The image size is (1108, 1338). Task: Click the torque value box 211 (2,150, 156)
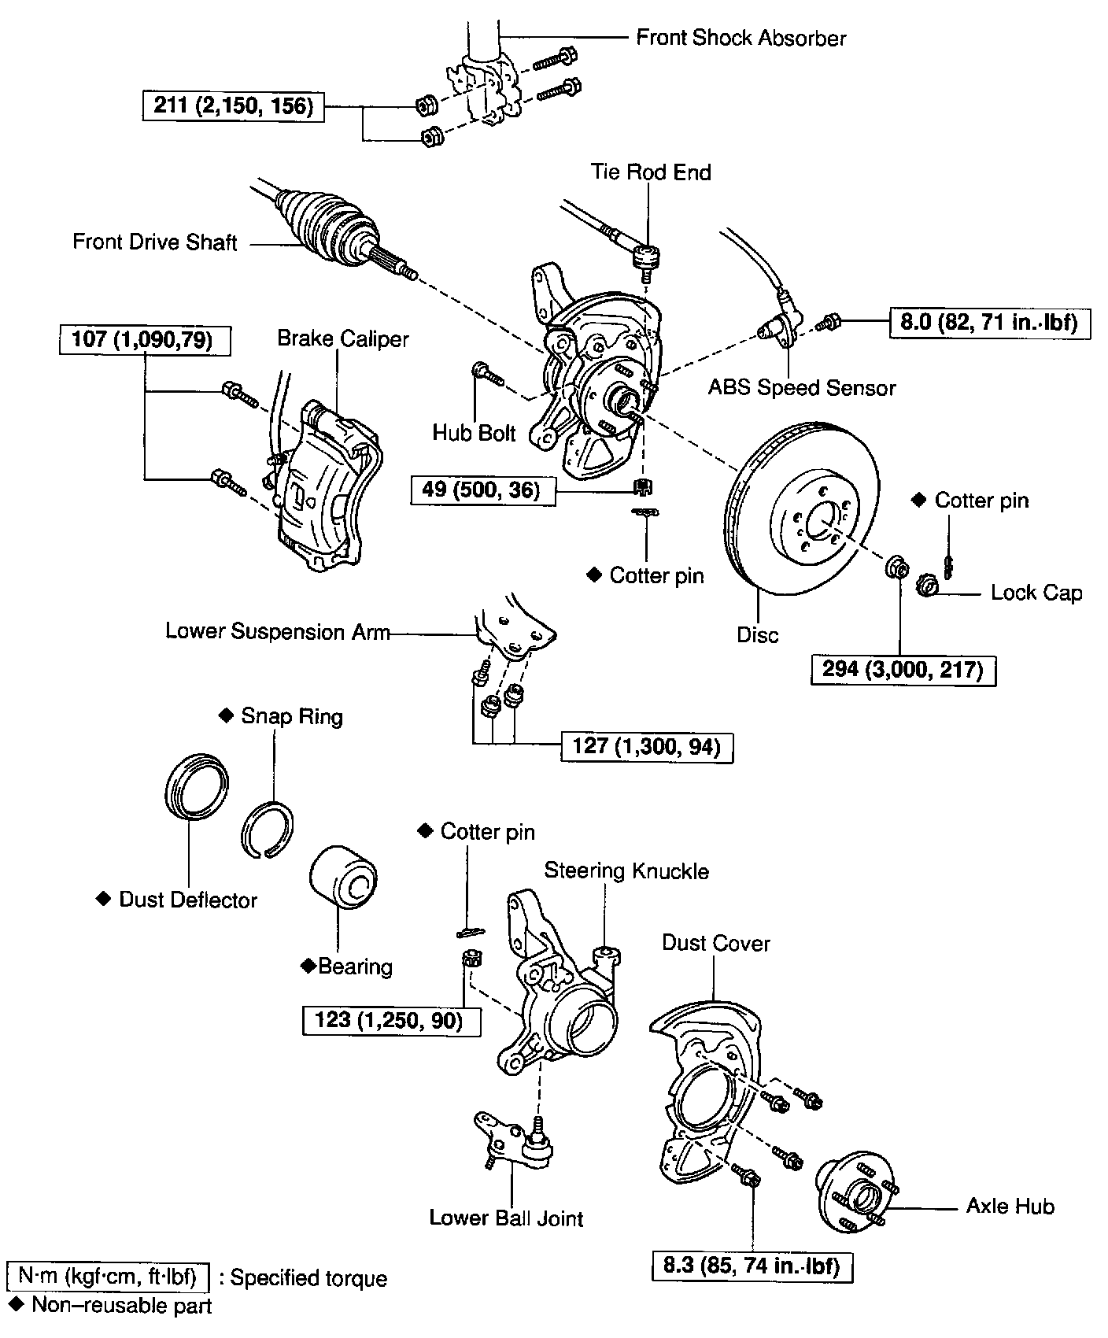(234, 105)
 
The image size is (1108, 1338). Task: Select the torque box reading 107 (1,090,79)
(146, 341)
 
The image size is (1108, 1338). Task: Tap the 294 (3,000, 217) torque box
(903, 670)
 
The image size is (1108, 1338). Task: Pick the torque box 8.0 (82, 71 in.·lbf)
(990, 322)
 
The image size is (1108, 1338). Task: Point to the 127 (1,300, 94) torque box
(646, 746)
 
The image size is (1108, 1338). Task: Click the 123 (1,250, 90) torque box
(391, 1020)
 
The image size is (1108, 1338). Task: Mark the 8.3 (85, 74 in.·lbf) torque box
(752, 1266)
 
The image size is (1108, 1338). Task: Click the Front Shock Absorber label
(741, 38)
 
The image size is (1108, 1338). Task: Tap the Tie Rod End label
(651, 172)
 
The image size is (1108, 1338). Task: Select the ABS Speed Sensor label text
(802, 387)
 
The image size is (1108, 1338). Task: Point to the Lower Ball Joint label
(506, 1218)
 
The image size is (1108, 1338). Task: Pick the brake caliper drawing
(327, 488)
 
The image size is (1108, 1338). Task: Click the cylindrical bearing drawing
(344, 882)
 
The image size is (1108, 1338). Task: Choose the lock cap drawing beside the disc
(928, 586)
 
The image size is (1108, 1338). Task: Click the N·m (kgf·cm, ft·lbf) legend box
(107, 1277)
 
